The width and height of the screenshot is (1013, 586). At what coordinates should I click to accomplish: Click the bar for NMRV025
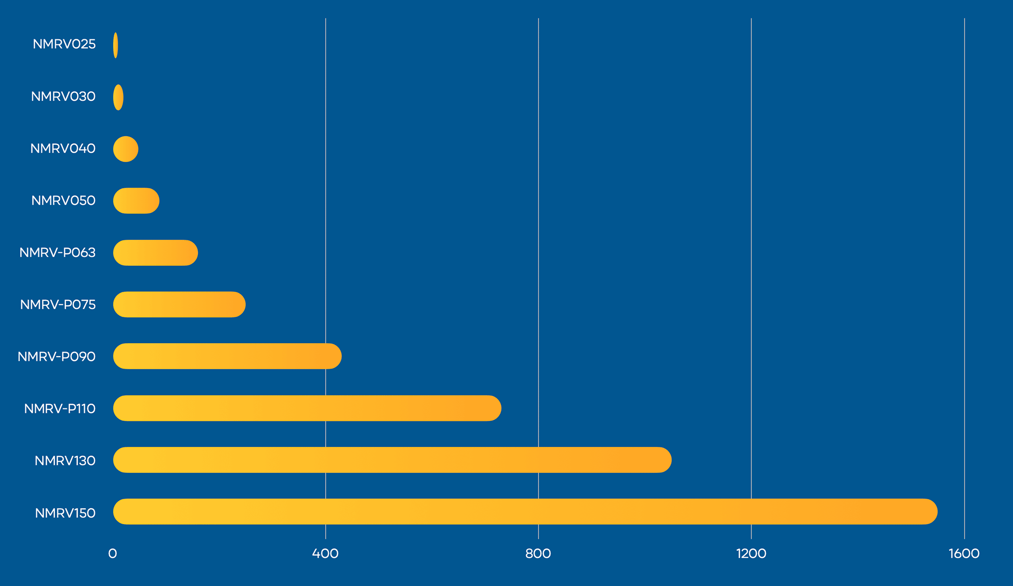[x=116, y=45]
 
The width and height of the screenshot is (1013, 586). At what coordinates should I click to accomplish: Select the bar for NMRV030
[x=118, y=97]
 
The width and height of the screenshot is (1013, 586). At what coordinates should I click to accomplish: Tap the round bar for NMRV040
[x=126, y=149]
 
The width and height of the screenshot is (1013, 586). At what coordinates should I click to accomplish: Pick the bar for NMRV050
[x=136, y=201]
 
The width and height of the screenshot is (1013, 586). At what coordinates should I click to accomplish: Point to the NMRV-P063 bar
[x=156, y=253]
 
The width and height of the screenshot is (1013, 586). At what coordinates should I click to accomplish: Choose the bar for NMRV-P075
[x=179, y=305]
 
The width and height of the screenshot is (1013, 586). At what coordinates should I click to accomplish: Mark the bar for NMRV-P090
[x=227, y=357]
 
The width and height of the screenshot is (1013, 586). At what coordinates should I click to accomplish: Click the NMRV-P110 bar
[x=307, y=408]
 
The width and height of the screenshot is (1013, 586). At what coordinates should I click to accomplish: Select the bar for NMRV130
[x=392, y=460]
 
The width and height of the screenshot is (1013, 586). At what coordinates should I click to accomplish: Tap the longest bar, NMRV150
[x=525, y=512]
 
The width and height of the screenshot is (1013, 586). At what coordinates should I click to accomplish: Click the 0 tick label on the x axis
[x=113, y=554]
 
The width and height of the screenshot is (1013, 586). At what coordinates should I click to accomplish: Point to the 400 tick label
[x=325, y=554]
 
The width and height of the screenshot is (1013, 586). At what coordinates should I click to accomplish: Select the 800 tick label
[x=538, y=554]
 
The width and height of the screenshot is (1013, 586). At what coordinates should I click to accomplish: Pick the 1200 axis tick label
[x=751, y=554]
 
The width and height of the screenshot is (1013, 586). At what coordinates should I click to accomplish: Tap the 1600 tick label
[x=964, y=554]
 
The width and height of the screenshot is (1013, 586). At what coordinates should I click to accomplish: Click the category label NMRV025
[x=64, y=44]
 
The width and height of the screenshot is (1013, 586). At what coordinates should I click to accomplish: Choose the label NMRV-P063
[x=57, y=253]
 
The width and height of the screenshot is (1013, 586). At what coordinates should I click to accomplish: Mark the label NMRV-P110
[x=60, y=409]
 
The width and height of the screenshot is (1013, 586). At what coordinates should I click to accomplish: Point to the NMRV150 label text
[x=65, y=513]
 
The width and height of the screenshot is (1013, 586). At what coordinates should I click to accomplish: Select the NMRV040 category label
[x=63, y=149]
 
